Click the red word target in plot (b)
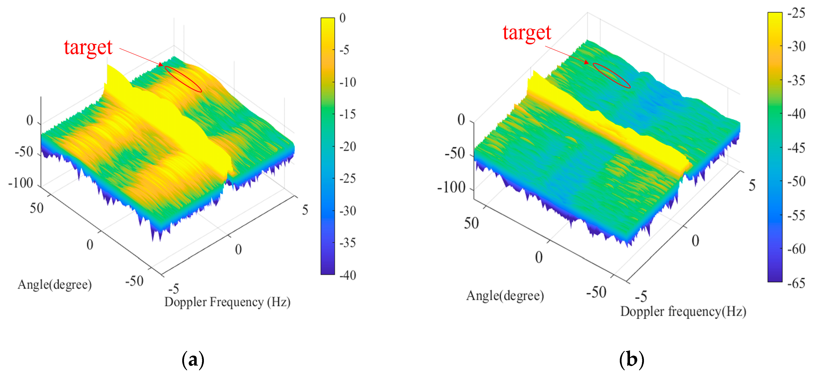click(x=527, y=33)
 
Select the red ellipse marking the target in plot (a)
click(x=183, y=79)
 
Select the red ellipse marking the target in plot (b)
click(x=611, y=75)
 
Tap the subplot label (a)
click(x=193, y=360)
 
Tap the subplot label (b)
click(x=631, y=360)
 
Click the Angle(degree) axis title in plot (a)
click(x=55, y=285)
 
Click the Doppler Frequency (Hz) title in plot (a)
click(x=227, y=302)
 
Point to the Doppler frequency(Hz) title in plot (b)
click(x=683, y=312)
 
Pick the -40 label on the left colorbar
click(x=348, y=275)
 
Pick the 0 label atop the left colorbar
click(x=342, y=18)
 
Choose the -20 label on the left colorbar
click(x=348, y=147)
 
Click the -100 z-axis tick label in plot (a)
click(x=21, y=183)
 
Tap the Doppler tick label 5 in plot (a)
click(x=305, y=210)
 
